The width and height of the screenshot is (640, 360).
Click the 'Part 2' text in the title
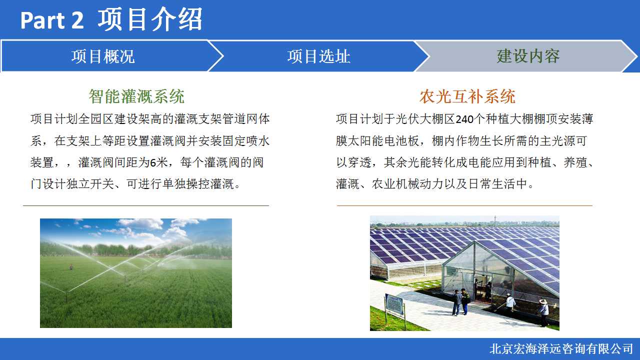[52, 20]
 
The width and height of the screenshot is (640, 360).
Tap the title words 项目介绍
[150, 19]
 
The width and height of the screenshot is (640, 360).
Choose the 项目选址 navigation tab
[319, 56]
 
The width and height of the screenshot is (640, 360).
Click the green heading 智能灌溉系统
[136, 96]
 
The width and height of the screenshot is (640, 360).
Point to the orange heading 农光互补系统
[467, 96]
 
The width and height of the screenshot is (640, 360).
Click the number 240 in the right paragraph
[464, 119]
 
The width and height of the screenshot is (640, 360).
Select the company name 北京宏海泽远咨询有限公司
[561, 349]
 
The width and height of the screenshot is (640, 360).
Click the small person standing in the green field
[71, 267]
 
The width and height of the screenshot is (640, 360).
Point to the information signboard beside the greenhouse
[394, 303]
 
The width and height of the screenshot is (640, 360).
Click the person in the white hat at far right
[543, 312]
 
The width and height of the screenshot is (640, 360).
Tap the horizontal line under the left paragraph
[146, 205]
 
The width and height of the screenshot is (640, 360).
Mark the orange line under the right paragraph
[464, 205]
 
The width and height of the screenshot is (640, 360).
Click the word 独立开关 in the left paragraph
[90, 184]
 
